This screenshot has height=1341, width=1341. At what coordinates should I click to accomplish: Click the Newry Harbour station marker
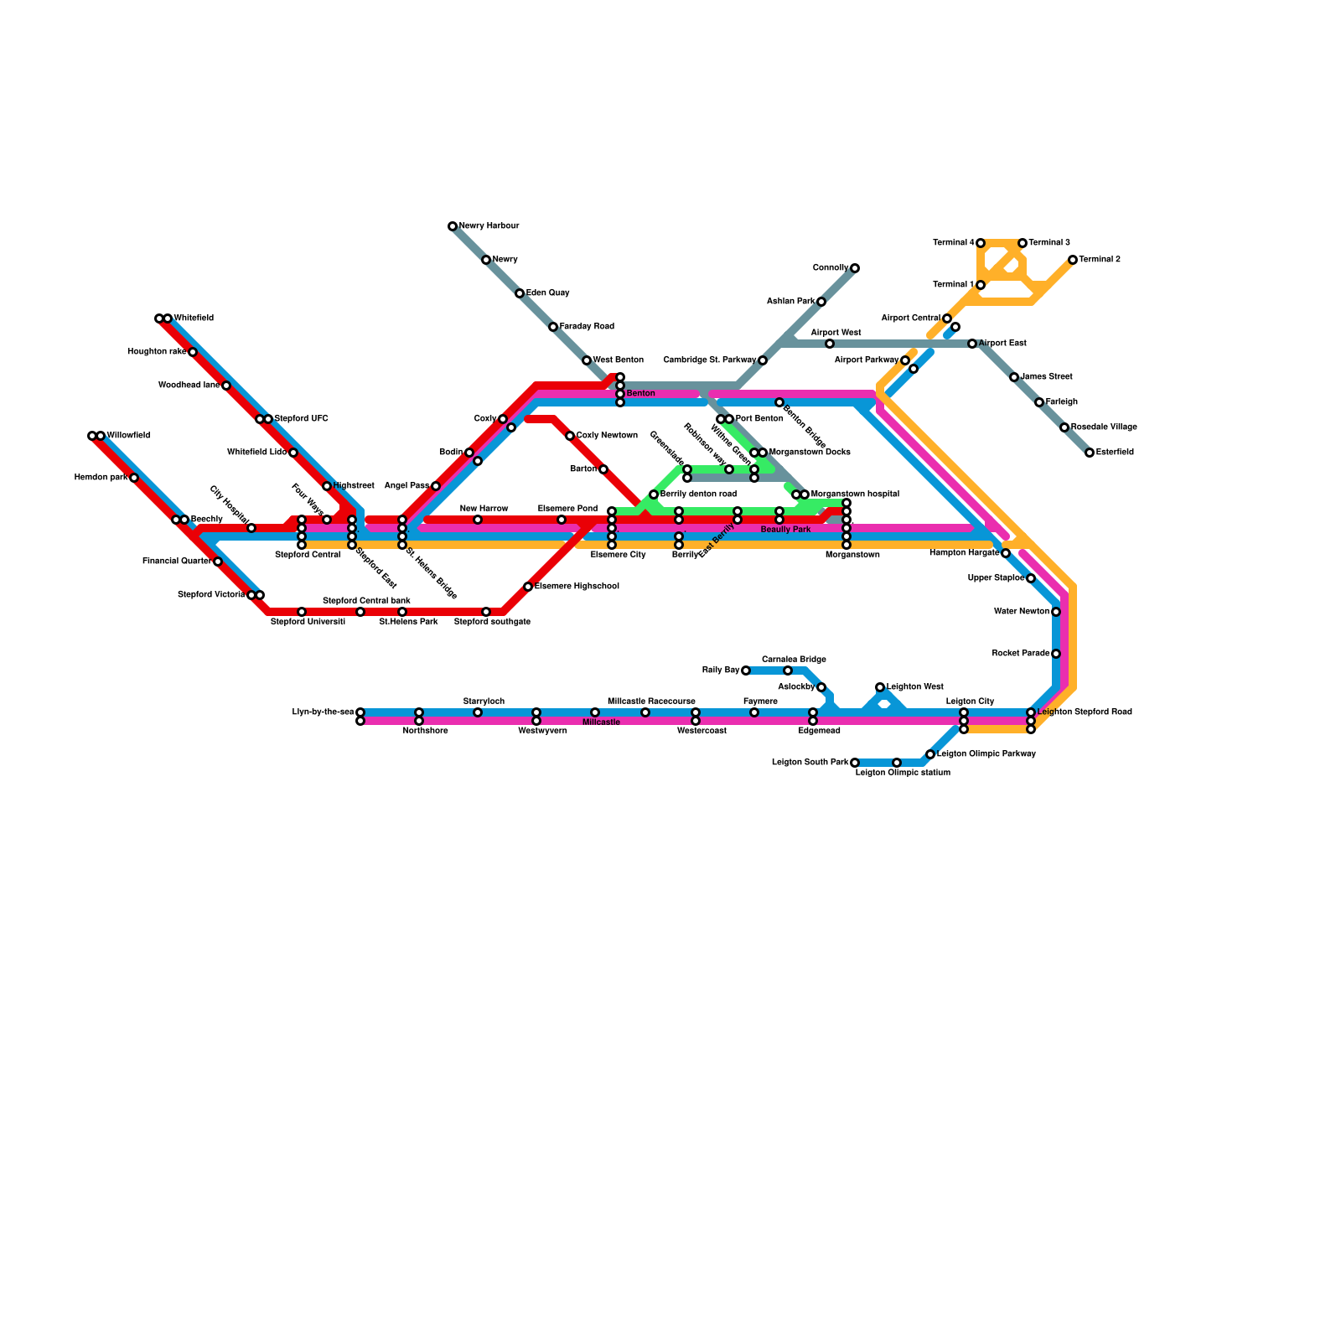453,226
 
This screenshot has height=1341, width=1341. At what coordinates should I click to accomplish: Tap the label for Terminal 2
1100,260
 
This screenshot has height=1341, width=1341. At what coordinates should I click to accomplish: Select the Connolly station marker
855,268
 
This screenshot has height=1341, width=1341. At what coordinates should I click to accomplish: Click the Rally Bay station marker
746,670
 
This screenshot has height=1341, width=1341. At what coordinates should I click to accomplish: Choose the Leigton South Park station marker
855,763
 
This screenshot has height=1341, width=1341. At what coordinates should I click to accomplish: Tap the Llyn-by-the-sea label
323,712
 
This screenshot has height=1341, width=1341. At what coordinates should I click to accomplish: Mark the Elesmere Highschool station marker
528,587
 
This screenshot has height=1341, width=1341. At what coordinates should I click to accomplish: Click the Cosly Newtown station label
607,436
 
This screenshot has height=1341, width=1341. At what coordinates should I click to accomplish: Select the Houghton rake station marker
193,352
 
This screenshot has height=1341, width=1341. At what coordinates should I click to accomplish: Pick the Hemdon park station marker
134,478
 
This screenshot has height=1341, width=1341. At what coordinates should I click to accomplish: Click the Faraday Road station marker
553,327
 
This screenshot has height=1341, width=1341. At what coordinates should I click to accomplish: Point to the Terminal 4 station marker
981,243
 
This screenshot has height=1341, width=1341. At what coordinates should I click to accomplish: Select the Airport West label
836,333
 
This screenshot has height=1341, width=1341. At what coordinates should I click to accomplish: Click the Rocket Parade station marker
1056,654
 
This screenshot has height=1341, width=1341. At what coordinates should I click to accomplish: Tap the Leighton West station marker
880,687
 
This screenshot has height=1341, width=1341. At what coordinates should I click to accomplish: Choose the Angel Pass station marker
436,486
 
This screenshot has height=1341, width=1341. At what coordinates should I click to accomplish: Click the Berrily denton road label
698,494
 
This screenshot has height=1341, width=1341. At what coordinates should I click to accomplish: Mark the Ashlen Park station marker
821,302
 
